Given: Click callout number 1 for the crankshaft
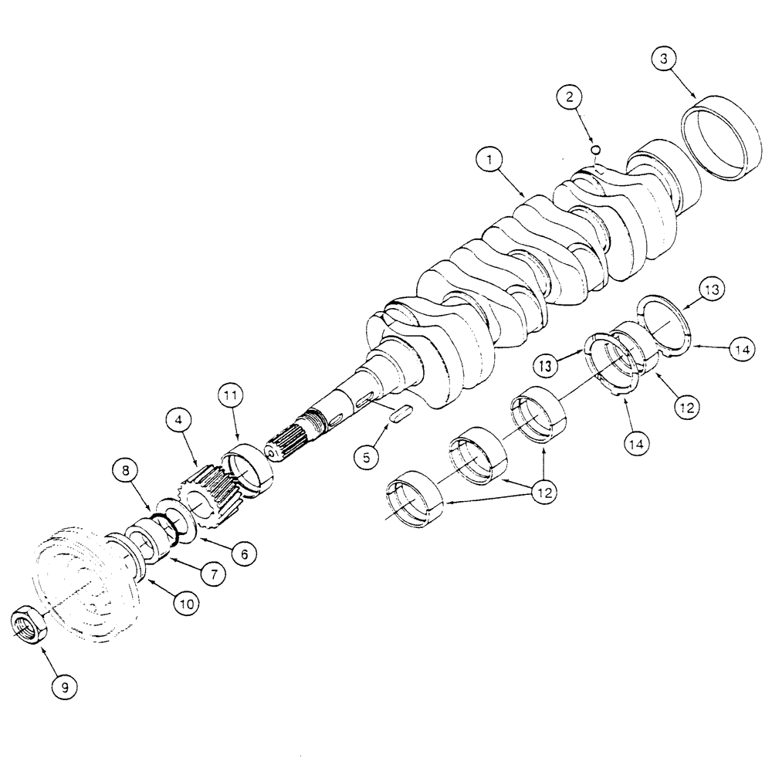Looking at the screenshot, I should point(489,161).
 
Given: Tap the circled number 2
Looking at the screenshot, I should point(569,97).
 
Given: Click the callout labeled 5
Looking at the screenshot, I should point(367,456).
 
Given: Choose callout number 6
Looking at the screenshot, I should point(242,553).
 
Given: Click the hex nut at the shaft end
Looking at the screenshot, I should point(30,623).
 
